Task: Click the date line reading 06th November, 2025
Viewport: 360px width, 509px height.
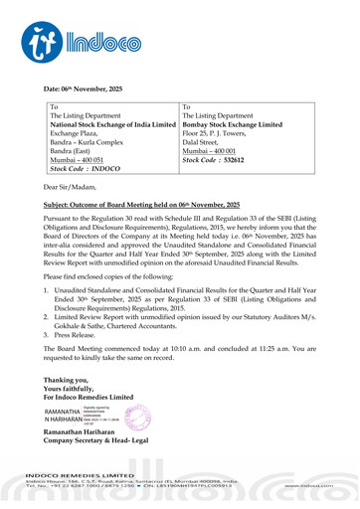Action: pyautogui.click(x=90, y=89)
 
